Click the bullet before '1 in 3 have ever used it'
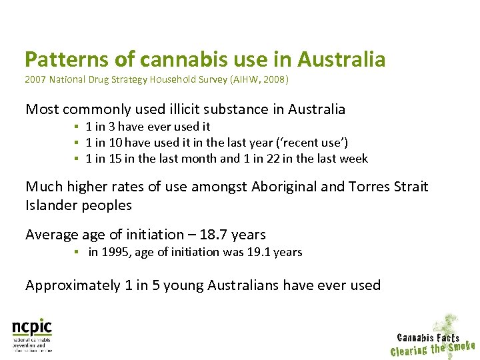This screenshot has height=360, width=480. [x=77, y=127]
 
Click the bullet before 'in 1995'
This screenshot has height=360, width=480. [x=77, y=253]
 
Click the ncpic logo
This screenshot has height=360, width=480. [x=32, y=334]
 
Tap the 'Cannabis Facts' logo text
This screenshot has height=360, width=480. [x=428, y=337]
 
